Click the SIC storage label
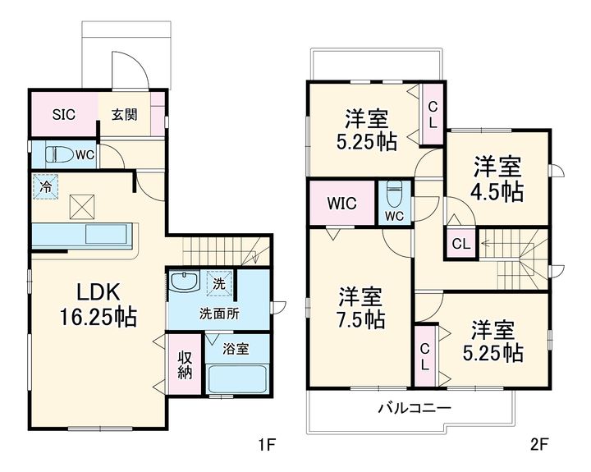coord(64,114)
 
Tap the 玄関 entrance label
coord(124,115)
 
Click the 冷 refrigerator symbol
coord(46,186)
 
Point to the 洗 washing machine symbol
coord(219,283)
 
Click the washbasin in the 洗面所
coord(185,282)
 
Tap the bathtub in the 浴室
coord(238,379)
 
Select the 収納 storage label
coord(185,364)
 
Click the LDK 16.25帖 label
coord(98,305)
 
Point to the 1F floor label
coord(267,445)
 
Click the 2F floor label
coord(539,445)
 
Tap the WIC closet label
coord(341,204)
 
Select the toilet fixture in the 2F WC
coord(395,195)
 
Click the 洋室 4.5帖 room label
coord(497,179)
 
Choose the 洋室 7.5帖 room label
coord(361,307)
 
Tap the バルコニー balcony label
coord(415,408)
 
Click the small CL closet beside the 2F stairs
coord(461,244)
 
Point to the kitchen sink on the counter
coord(106,234)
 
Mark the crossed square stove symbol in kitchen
coord(82,206)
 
